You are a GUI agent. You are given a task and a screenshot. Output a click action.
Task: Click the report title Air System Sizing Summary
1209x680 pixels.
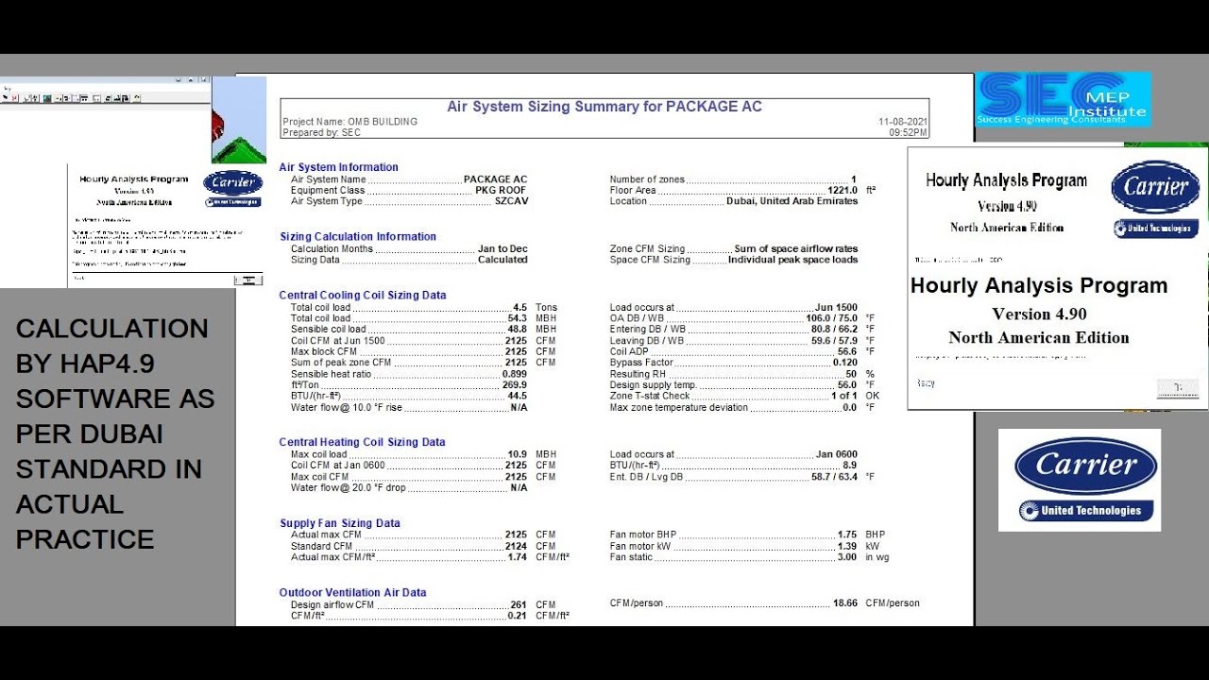tap(604, 107)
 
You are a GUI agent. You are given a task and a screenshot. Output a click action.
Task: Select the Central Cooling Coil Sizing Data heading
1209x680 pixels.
tap(363, 296)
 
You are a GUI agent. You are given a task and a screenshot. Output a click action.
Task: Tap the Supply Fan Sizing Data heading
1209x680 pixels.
tap(340, 523)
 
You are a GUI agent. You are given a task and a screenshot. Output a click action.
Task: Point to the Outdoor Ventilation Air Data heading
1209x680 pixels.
tap(353, 593)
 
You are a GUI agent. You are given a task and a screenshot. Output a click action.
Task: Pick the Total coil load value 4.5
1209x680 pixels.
tap(519, 308)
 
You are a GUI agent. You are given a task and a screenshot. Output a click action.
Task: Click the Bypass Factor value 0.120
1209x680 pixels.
tap(844, 363)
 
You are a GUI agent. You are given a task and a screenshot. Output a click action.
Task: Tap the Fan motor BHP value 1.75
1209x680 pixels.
tap(847, 535)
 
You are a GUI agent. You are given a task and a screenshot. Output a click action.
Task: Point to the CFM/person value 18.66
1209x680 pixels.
tap(844, 603)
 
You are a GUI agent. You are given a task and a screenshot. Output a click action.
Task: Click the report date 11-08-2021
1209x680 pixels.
tap(903, 122)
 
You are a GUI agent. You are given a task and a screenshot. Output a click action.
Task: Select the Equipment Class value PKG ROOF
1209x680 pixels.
tap(501, 191)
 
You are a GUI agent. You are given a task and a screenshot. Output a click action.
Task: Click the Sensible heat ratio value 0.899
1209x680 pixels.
tap(514, 375)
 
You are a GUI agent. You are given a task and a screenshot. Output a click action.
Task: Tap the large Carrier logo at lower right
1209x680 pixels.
tap(1080, 479)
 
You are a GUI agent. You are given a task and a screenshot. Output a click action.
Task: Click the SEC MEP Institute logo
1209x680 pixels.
tap(1063, 99)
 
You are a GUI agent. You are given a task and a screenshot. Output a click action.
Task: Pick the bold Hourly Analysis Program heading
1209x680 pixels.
tap(1039, 286)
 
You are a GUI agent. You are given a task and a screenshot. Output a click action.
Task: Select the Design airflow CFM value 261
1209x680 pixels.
tap(519, 605)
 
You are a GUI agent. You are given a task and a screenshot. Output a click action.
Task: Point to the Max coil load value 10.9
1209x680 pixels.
tap(518, 455)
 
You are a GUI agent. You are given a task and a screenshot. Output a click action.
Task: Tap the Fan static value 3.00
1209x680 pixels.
tap(847, 557)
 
